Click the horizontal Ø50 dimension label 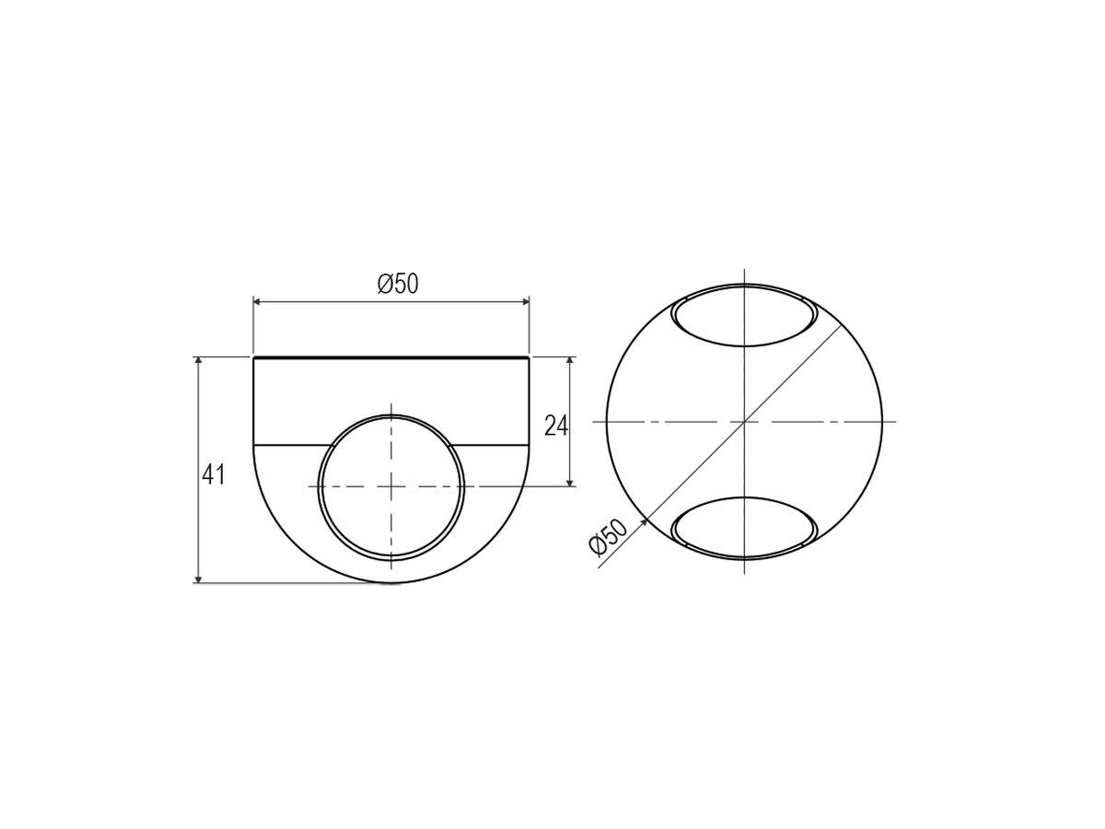(398, 285)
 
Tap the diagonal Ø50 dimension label (609, 537)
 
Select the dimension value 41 (214, 475)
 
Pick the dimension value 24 (556, 426)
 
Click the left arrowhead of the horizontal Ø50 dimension (257, 301)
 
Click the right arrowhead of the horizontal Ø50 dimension (526, 301)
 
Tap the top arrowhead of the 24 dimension (571, 361)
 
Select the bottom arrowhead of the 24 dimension (571, 482)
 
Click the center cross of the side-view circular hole (391, 485)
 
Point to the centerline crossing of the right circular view (744, 422)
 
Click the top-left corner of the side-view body (254, 356)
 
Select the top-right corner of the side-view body (529, 356)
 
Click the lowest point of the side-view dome (391, 582)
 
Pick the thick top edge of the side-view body (391, 356)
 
